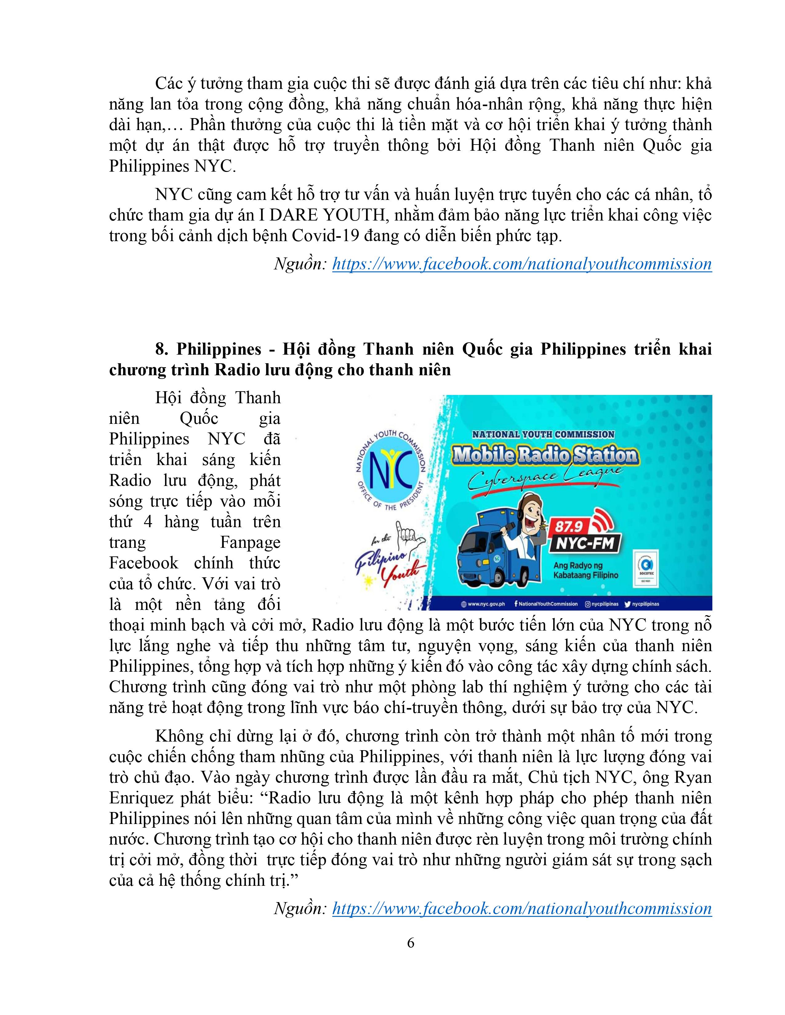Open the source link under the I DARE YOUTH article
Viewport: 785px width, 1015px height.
(x=522, y=264)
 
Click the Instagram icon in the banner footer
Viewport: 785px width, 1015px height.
(x=588, y=604)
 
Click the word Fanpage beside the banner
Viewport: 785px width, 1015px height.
(x=250, y=542)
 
